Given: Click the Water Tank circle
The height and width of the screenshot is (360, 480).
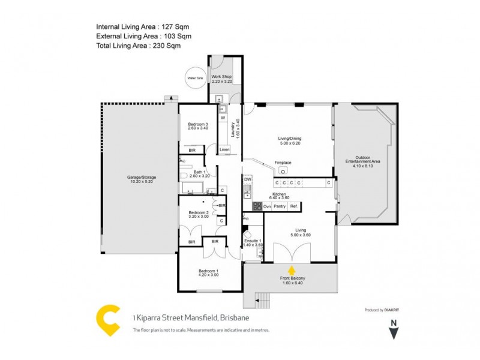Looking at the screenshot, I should click(x=196, y=78).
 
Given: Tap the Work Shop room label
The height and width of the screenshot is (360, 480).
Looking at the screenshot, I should click(x=221, y=79).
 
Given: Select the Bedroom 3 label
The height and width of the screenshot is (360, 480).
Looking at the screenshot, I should click(x=198, y=126).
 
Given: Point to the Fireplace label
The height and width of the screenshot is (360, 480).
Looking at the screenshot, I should click(x=283, y=163).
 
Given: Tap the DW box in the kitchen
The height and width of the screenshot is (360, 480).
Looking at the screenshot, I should click(x=247, y=179).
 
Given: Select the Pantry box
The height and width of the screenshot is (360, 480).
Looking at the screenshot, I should click(x=280, y=206).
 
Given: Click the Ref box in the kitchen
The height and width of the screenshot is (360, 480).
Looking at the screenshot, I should click(x=293, y=206).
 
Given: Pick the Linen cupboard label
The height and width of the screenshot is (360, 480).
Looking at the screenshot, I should click(x=224, y=149).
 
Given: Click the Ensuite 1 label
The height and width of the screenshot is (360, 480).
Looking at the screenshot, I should click(x=253, y=242).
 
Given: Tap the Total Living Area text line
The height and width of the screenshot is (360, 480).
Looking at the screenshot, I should click(x=139, y=45).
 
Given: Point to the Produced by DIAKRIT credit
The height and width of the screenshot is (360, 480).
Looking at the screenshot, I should click(x=383, y=310).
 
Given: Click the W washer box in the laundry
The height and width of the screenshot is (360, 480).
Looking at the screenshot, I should click(x=222, y=118).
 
